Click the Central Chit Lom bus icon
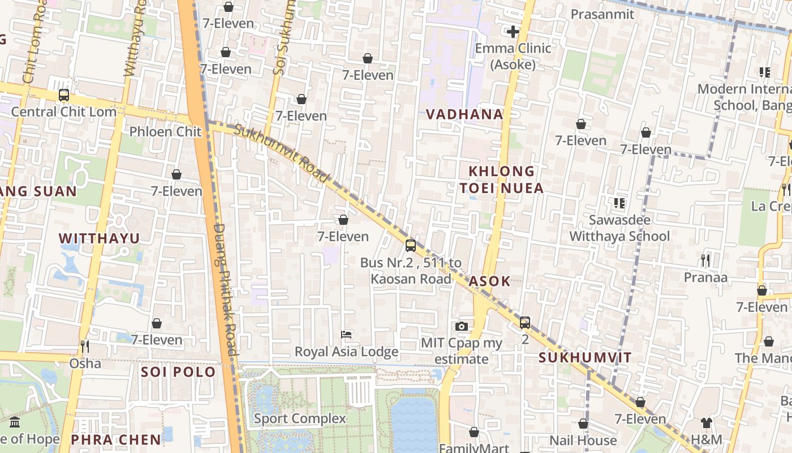tap(64, 95)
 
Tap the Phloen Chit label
tap(165, 131)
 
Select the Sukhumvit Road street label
tap(281, 153)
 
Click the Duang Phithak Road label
tap(225, 289)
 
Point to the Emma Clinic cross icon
tap(513, 32)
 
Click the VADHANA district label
tap(464, 114)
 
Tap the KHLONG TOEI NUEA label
tap(501, 179)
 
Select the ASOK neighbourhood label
tap(489, 281)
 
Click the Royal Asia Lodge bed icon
tap(346, 335)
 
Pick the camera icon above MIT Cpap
tap(462, 326)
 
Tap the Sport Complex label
tap(300, 418)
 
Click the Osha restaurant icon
tap(85, 346)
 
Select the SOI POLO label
tap(178, 371)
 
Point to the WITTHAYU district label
tap(99, 238)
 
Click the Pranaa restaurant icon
tap(705, 260)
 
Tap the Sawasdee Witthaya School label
tap(619, 228)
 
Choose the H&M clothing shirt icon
tap(706, 422)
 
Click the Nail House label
tap(583, 440)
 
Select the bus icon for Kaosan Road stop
tap(411, 246)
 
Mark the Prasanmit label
tap(602, 14)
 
